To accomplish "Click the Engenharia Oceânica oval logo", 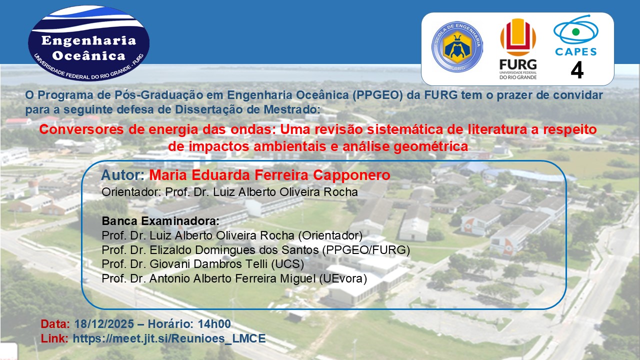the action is coord(88,43).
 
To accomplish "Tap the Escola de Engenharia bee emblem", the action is coord(457,46).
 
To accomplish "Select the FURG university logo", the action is coord(518,49).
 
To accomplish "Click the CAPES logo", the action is coord(575,35).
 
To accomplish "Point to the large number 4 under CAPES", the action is coord(577,70).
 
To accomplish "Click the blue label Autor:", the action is coord(123,175).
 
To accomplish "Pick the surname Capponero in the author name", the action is coord(351,175).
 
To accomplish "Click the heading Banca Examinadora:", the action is coord(160,221).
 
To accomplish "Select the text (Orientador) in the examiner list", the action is coord(330,235).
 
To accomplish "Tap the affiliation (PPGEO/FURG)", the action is coord(366,250).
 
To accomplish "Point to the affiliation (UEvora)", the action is coord(343,278).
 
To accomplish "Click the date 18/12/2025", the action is coord(104,324).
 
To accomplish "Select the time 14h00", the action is coord(214,324).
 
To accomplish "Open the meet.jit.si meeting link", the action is coord(169,338).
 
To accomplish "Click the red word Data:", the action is coord(55,324).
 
